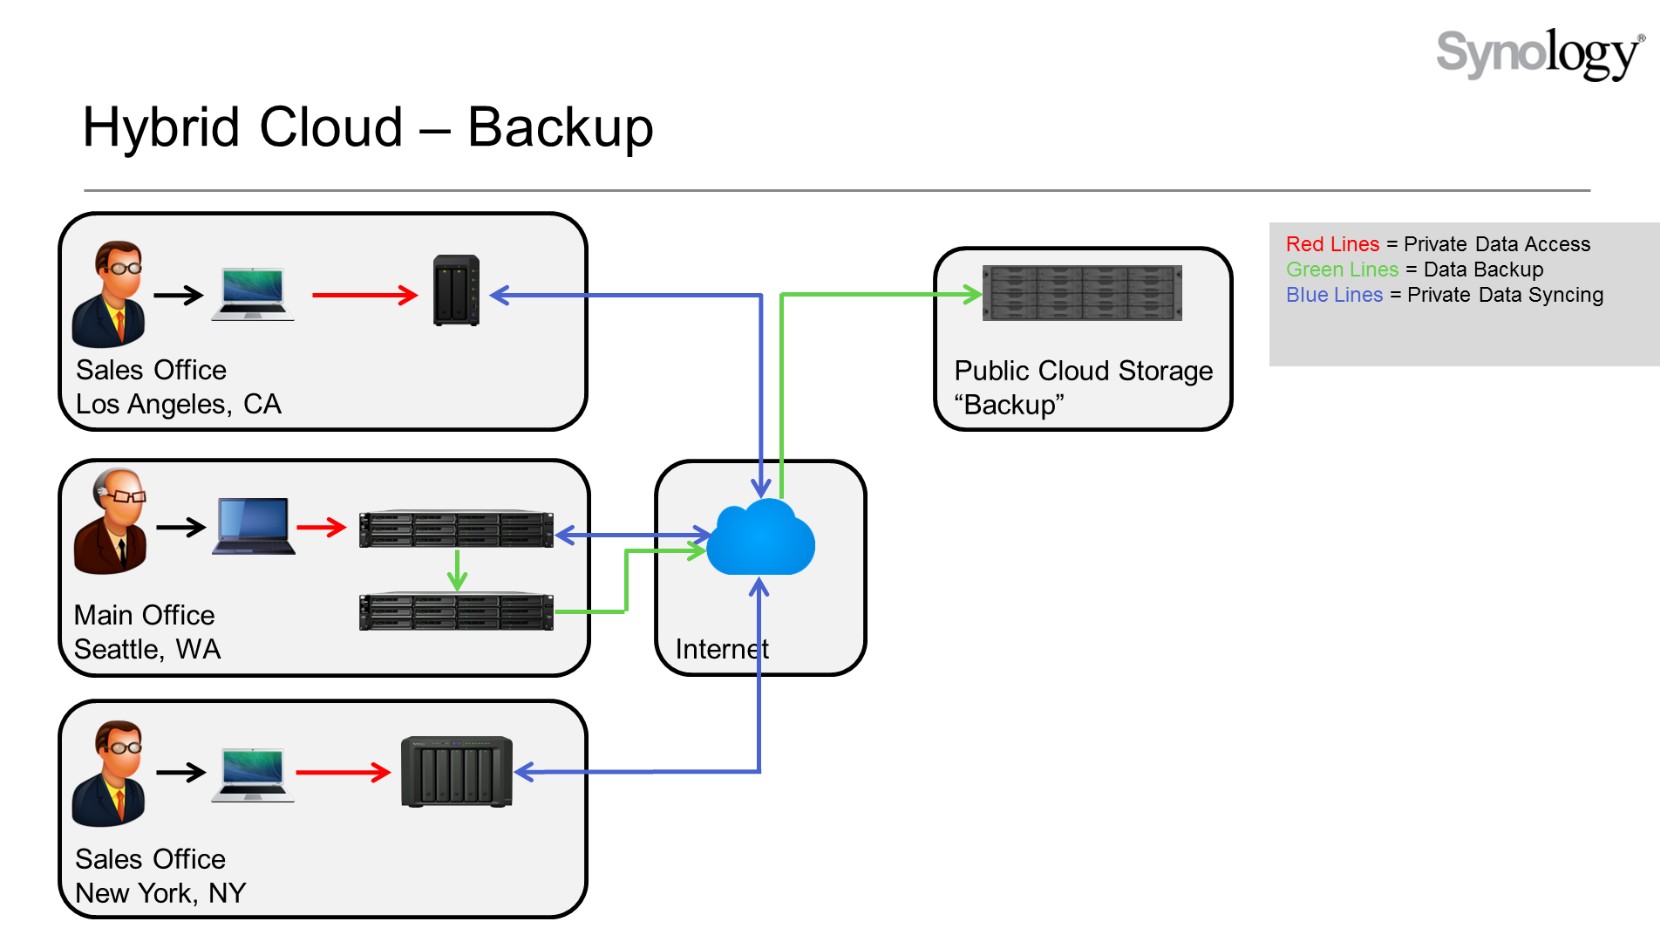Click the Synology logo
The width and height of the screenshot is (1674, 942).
1539,54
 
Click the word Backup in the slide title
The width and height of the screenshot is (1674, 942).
560,128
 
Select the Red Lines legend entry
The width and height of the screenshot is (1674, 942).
1332,244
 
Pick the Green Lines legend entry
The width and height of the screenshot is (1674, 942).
1342,270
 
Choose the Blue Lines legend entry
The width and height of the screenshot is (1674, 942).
1334,295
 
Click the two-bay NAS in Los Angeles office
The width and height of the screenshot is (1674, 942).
456,290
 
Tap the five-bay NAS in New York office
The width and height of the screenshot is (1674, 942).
456,772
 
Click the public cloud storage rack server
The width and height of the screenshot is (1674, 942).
1082,293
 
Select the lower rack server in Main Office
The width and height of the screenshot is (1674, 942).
456,611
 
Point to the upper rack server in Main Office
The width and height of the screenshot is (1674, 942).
456,529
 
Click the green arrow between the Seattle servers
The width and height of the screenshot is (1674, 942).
457,570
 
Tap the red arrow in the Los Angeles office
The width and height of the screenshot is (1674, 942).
364,295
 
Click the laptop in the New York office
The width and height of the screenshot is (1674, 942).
253,774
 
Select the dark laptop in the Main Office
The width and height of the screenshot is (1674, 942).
254,526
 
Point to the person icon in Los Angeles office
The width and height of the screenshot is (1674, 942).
110,295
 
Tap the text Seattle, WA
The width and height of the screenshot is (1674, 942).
147,649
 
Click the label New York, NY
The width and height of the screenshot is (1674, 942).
160,893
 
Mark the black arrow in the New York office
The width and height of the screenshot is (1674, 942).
180,772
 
